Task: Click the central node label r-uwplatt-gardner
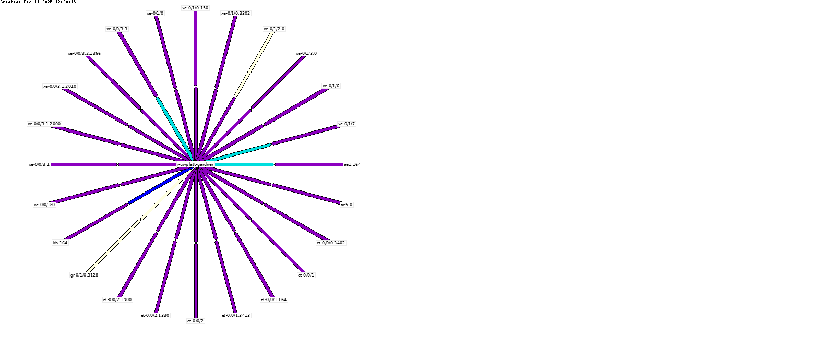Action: (196, 164)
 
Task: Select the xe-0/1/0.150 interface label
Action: (195, 8)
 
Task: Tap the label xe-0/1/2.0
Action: (274, 29)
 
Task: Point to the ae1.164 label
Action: (352, 164)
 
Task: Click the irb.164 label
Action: (60, 243)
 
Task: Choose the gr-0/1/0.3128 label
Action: (84, 275)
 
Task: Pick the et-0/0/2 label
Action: (196, 321)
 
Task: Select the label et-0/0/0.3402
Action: (331, 243)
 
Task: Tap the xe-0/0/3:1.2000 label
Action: (44, 124)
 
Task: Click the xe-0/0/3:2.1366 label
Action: (85, 53)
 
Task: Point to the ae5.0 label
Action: (347, 205)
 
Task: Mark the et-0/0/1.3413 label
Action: (236, 315)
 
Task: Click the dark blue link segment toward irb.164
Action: (157, 188)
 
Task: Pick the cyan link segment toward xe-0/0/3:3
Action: (174, 127)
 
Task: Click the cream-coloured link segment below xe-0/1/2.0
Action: (254, 64)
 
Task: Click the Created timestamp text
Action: (38, 2)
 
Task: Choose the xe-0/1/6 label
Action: (331, 86)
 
